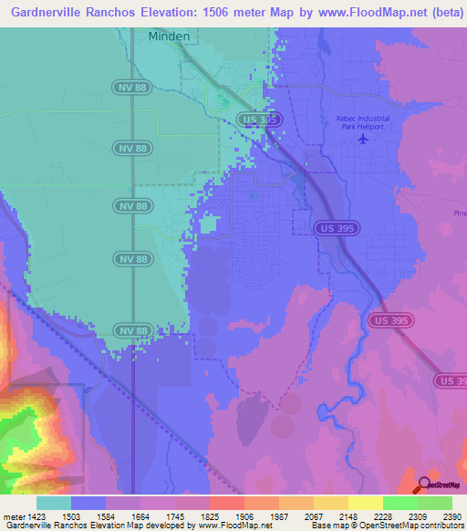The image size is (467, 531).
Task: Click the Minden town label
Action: click(x=170, y=36)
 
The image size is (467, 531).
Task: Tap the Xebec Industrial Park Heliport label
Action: click(x=364, y=124)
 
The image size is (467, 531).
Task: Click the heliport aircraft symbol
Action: click(x=365, y=141)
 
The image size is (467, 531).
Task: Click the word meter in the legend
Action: click(x=14, y=516)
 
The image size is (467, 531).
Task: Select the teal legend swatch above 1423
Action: click(x=54, y=503)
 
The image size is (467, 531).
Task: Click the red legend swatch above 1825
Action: click(x=226, y=503)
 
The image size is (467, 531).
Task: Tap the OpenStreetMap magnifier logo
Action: click(x=422, y=484)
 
